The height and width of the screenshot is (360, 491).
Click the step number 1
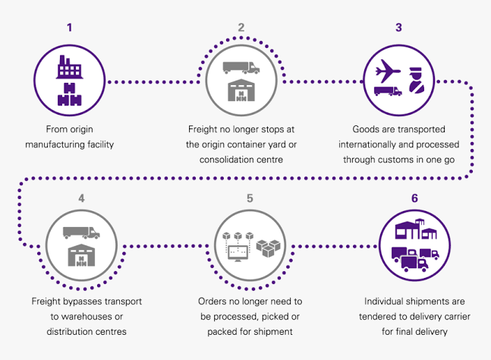(x=70, y=28)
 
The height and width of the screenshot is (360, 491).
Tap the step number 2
(x=241, y=28)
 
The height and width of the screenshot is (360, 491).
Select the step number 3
(x=398, y=28)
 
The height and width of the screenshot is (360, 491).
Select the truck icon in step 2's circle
(x=241, y=66)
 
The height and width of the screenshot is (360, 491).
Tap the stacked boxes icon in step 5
(x=269, y=248)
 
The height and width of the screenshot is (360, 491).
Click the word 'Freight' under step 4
(x=47, y=302)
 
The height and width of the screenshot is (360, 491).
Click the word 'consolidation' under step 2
(x=227, y=159)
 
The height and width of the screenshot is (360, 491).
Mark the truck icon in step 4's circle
(x=80, y=232)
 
